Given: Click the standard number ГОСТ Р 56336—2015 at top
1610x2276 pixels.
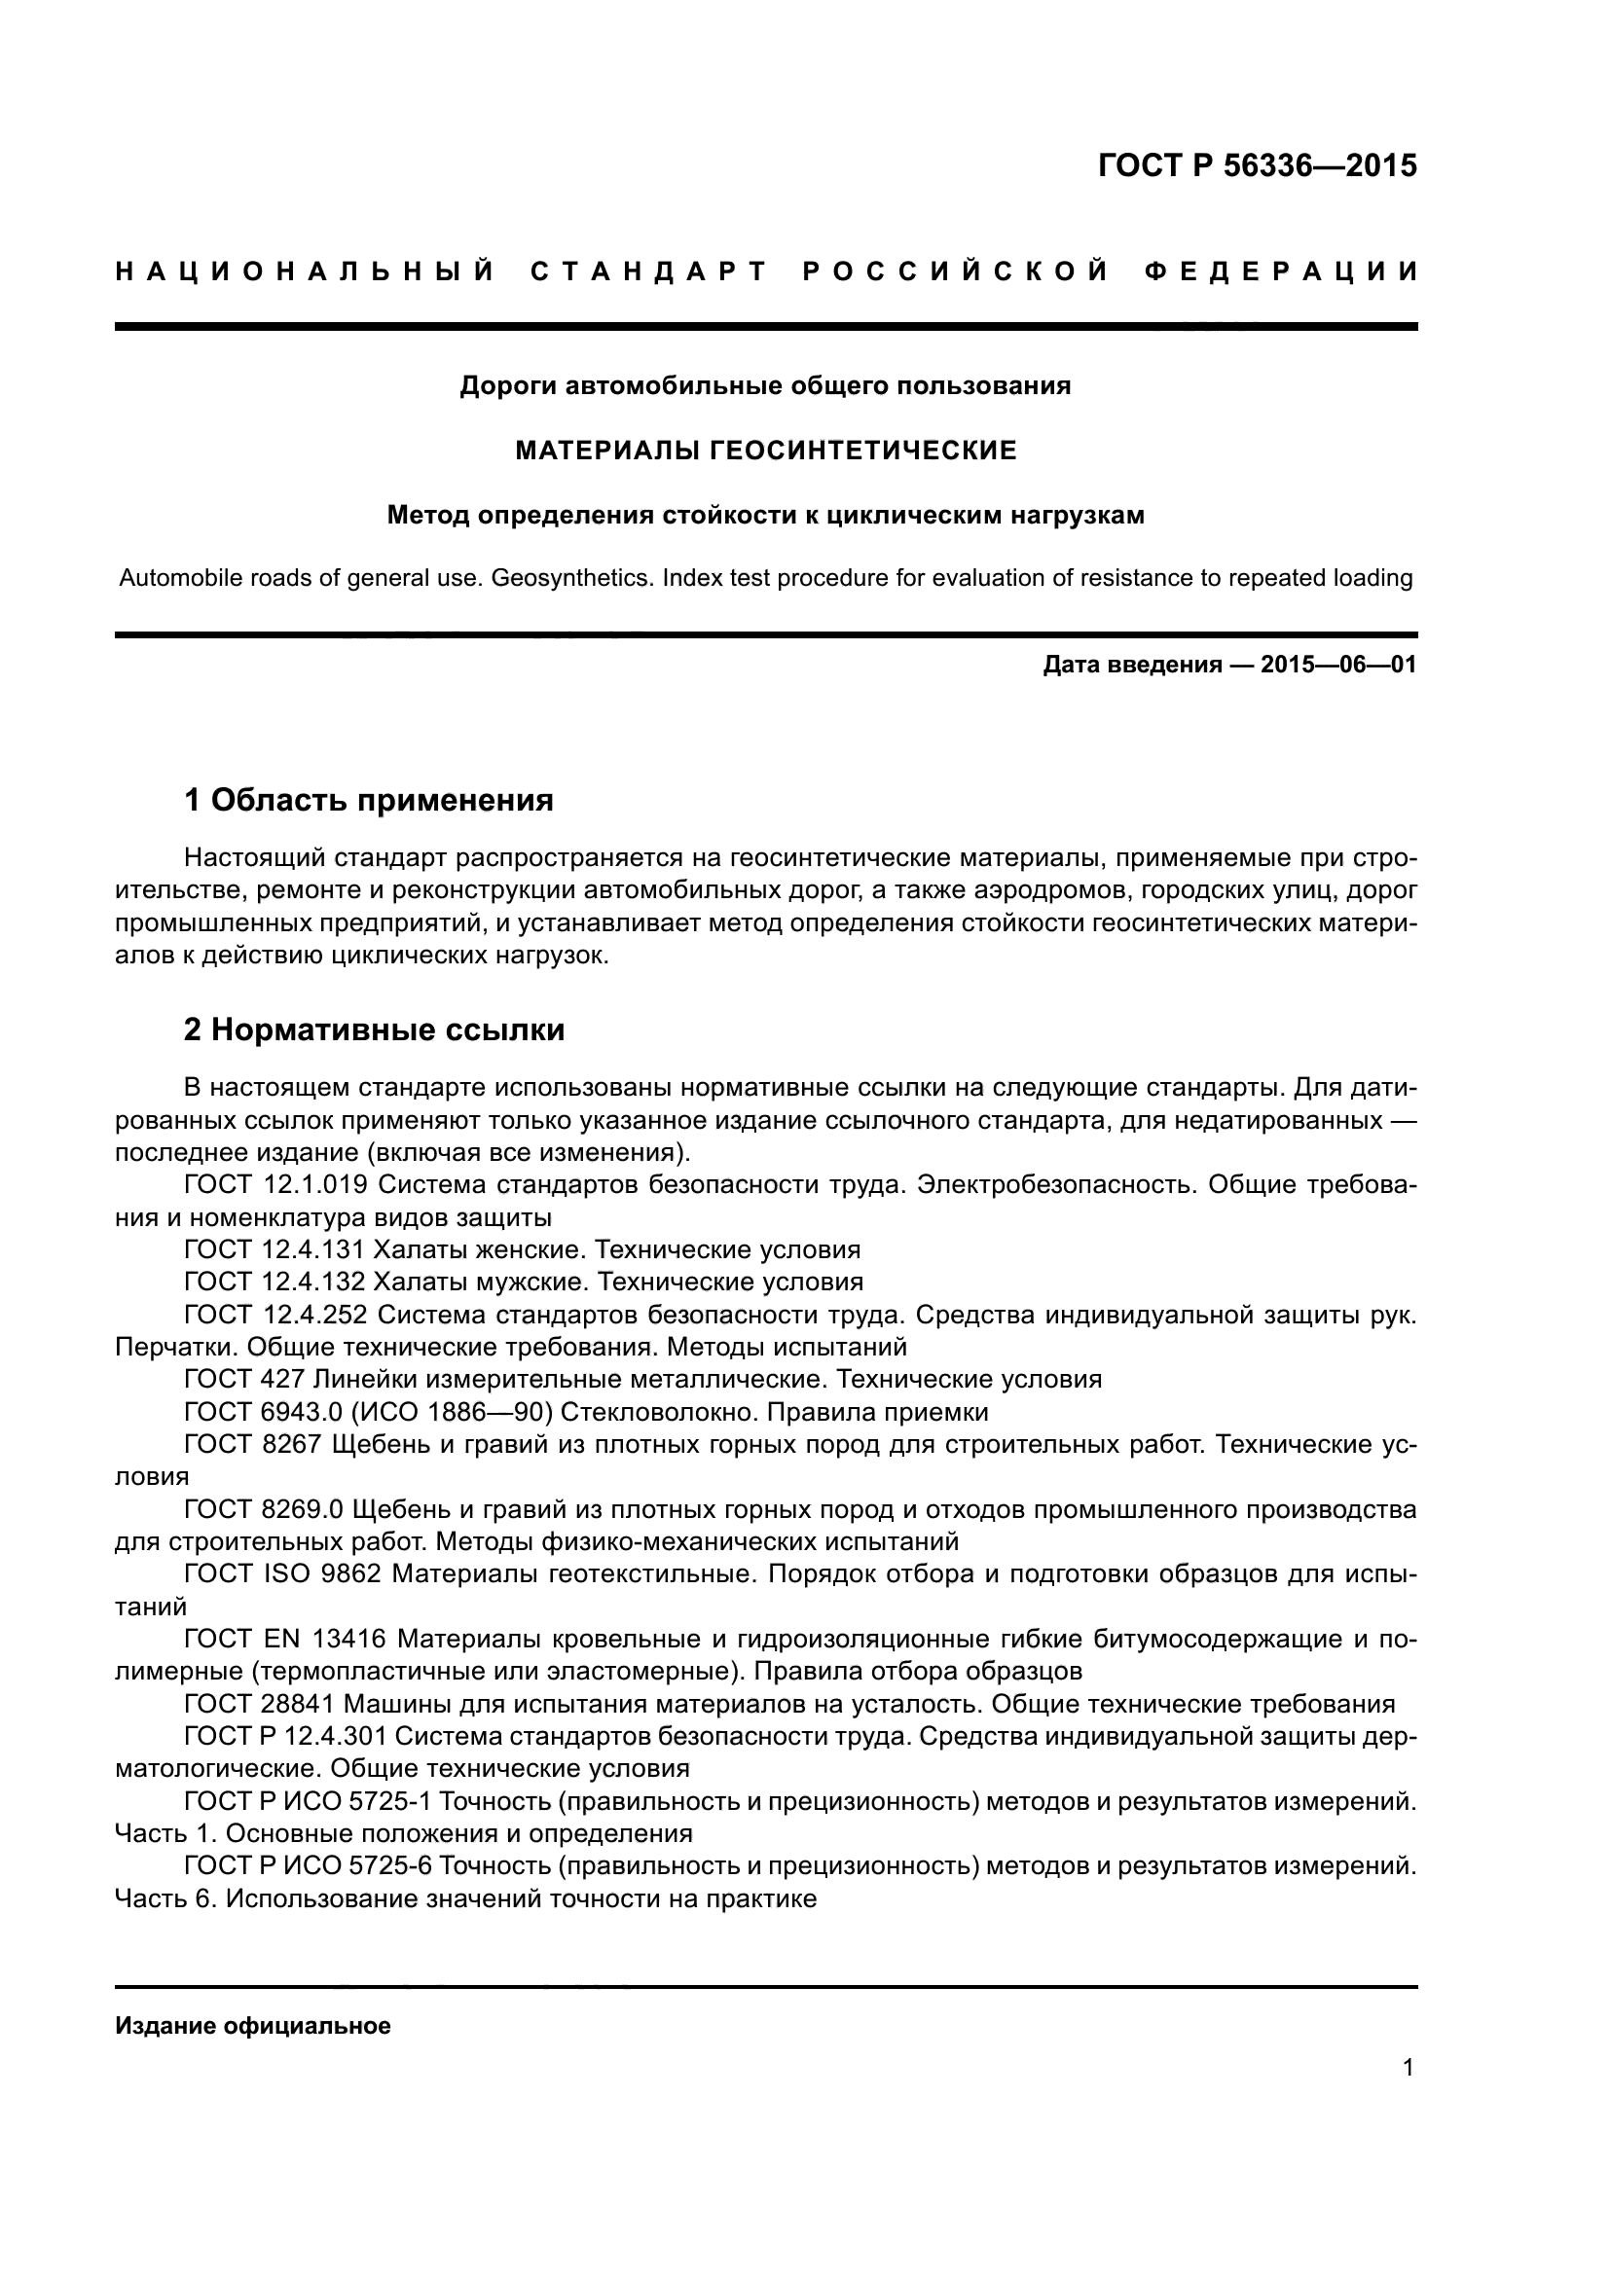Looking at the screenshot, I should (x=1257, y=165).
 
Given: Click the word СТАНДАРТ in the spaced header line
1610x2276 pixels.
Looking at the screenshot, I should (x=649, y=271).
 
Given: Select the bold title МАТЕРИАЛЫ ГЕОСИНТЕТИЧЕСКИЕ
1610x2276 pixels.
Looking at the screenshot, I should (x=765, y=452).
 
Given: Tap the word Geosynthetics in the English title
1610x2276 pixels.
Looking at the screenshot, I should (x=572, y=578).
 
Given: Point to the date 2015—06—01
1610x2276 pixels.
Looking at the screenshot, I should (x=1338, y=666).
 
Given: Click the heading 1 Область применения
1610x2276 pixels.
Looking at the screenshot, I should (x=369, y=800).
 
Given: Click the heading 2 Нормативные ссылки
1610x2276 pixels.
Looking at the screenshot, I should (x=374, y=1030).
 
